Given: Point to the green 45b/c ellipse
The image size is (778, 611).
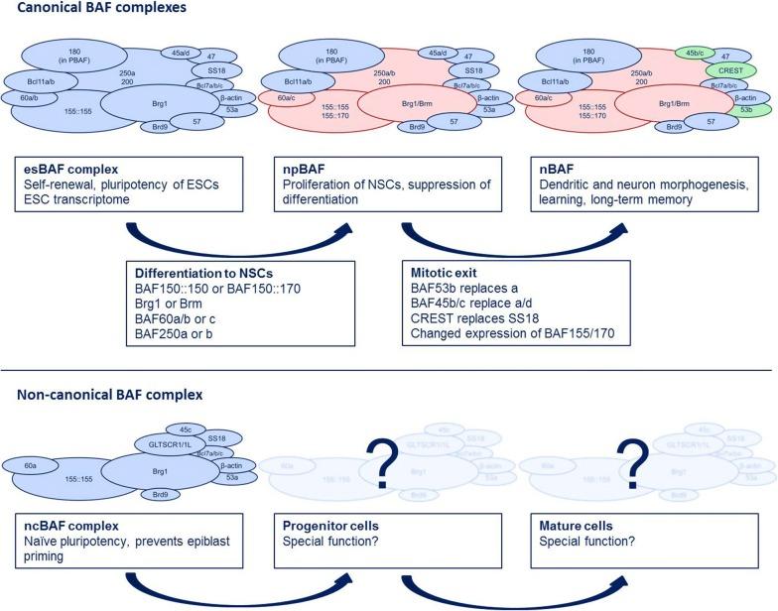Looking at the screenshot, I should tap(689, 54).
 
